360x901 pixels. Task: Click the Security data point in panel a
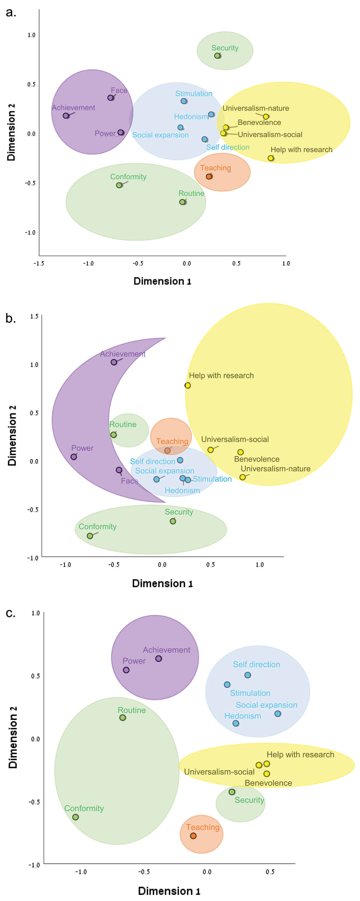(217, 55)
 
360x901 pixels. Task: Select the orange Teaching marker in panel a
(208, 177)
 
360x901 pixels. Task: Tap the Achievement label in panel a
(73, 108)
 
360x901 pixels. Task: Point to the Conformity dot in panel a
(119, 185)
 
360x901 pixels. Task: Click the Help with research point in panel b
(187, 385)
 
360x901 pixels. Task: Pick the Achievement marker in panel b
(114, 362)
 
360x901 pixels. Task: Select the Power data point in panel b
(73, 457)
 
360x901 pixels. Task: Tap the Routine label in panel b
(123, 424)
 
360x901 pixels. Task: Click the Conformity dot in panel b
(90, 536)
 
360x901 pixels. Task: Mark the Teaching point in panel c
(193, 836)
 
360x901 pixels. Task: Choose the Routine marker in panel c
(122, 718)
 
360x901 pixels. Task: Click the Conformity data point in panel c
(76, 817)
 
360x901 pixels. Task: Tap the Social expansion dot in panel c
(277, 714)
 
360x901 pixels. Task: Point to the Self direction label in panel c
(256, 664)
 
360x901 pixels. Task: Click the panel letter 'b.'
(10, 318)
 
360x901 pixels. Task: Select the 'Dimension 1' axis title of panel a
(162, 281)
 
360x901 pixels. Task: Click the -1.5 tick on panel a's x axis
(39, 263)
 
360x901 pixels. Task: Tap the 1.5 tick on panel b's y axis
(34, 316)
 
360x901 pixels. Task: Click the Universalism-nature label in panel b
(275, 469)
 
